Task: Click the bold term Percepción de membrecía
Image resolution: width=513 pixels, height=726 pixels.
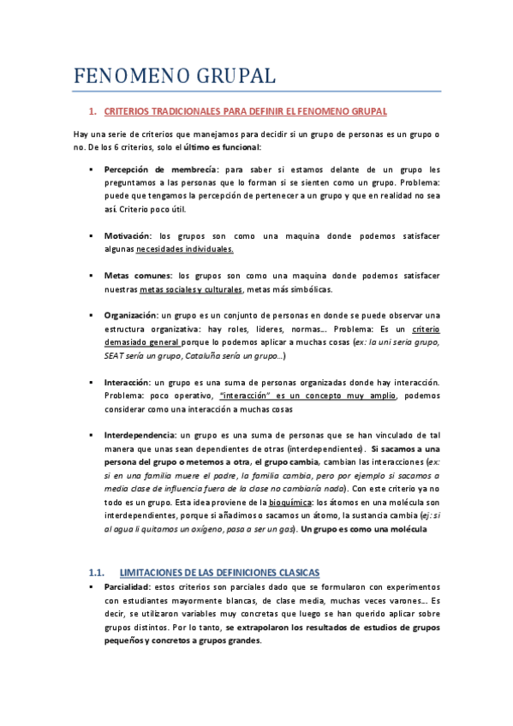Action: coord(161,170)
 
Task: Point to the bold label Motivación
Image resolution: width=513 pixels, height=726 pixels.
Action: coord(128,235)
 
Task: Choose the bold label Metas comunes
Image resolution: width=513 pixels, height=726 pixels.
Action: coord(138,276)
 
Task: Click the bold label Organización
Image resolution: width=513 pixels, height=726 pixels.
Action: coord(131,315)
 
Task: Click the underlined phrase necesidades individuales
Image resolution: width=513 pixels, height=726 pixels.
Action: coord(185,249)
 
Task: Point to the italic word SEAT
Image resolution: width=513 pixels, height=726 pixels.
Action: coord(116,355)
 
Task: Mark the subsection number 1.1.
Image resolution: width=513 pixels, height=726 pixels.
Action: coord(97,571)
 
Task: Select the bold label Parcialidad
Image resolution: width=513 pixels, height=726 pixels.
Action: coord(125,586)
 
